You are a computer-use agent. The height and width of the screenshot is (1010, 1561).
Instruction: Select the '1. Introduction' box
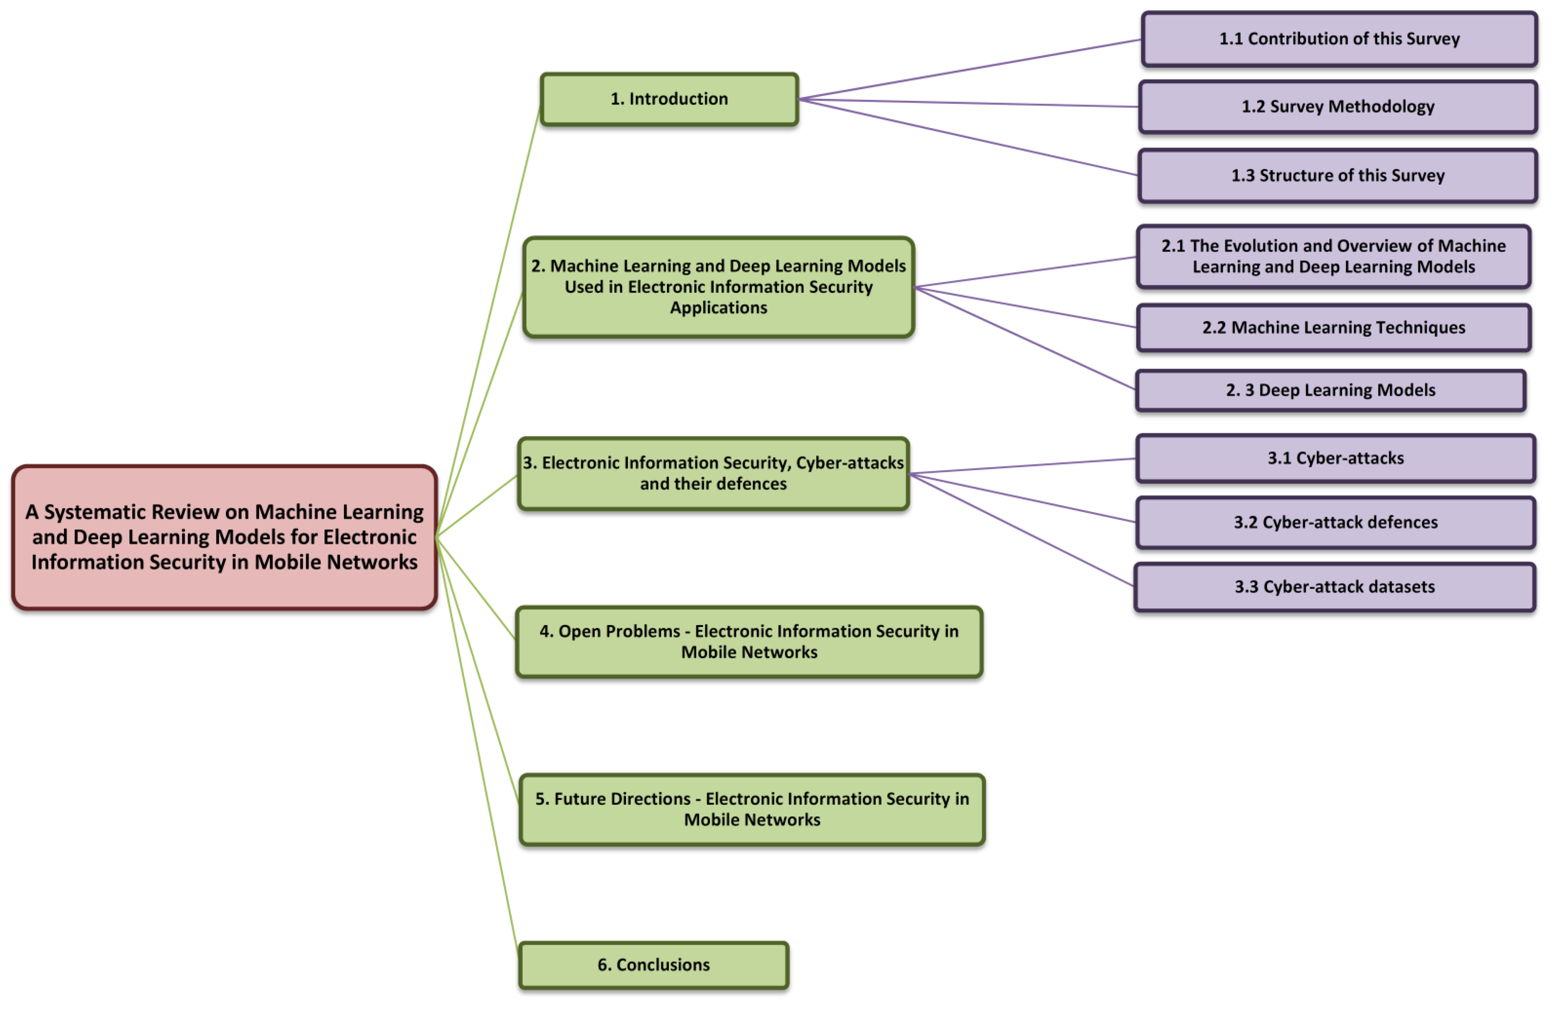[669, 99]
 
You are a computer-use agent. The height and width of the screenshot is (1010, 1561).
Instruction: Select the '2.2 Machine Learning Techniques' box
[1334, 328]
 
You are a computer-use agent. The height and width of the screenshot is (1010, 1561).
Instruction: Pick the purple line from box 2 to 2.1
[1025, 272]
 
